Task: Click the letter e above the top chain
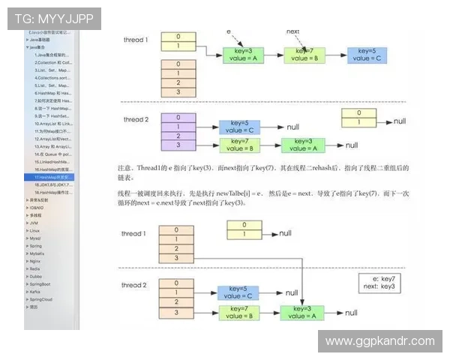click(228, 32)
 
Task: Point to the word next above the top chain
click(292, 32)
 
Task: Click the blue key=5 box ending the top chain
click(367, 54)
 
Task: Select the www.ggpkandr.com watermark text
click(379, 341)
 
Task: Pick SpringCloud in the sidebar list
click(40, 298)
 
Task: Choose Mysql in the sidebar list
click(36, 238)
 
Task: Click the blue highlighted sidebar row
click(52, 176)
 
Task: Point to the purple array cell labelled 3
click(178, 145)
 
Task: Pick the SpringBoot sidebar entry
click(40, 283)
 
